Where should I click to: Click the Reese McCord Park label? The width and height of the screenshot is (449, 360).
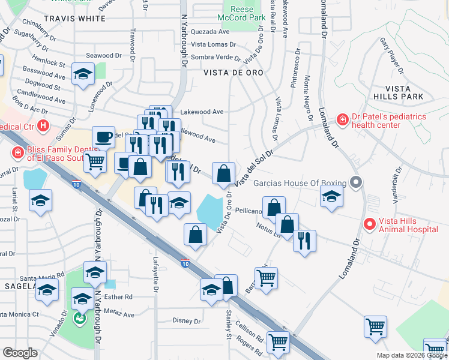245,13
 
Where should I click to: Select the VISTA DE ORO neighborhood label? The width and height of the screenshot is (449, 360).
233,72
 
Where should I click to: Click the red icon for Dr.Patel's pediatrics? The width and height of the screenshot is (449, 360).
342,120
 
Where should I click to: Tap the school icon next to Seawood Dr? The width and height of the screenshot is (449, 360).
83,74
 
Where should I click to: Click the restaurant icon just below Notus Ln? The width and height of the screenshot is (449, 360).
304,241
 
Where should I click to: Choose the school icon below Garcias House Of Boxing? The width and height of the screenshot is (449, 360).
331,196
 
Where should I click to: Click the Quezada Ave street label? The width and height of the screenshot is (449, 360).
210,32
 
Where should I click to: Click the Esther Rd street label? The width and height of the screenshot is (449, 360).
120,297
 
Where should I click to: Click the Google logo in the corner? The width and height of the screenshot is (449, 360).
20,353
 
